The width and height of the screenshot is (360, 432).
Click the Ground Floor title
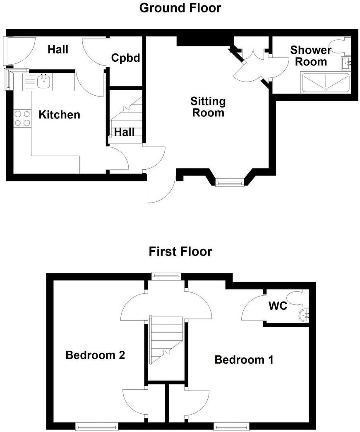[x=180, y=7]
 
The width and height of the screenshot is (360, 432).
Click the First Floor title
[x=180, y=251]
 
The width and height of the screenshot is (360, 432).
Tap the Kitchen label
[x=59, y=115]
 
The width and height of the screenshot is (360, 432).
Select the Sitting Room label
[x=208, y=106]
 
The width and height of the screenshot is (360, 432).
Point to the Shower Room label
[x=311, y=56]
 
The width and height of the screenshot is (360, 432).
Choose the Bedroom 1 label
[x=244, y=360]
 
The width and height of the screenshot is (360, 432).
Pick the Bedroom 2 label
[x=95, y=355]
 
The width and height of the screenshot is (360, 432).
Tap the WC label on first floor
[x=278, y=306]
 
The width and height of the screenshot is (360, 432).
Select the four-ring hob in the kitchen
[x=22, y=118]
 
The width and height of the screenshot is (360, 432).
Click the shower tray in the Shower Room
[x=325, y=83]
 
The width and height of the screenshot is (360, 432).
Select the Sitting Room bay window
[x=230, y=182]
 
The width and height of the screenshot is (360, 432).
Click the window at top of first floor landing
[x=166, y=275]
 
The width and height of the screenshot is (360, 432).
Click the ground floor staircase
[x=126, y=118]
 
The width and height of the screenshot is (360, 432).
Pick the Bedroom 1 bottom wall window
[x=231, y=425]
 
